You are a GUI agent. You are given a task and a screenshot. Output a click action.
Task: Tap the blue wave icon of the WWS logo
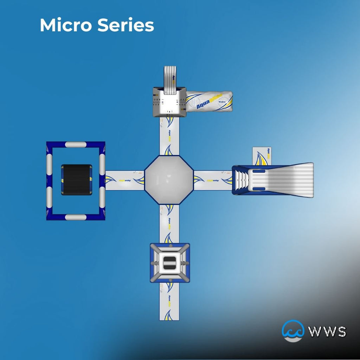pyautogui.click(x=292, y=330)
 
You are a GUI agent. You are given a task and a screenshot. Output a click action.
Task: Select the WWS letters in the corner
pyautogui.click(x=327, y=332)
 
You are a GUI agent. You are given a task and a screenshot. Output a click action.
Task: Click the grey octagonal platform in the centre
pyautogui.click(x=169, y=180)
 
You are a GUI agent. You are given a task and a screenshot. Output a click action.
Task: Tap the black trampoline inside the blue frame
pyautogui.click(x=77, y=180)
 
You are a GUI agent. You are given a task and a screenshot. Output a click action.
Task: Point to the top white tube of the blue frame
pyautogui.click(x=76, y=144)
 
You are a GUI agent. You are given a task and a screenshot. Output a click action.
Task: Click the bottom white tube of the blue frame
pyautogui.click(x=76, y=217)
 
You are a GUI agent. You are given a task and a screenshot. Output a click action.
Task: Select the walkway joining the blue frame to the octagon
pyautogui.click(x=125, y=180)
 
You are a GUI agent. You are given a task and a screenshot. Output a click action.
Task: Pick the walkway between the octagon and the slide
pyautogui.click(x=213, y=180)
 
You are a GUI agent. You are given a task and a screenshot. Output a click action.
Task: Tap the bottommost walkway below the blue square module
pyautogui.click(x=169, y=301)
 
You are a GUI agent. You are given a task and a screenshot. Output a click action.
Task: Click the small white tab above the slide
pyautogui.click(x=262, y=156)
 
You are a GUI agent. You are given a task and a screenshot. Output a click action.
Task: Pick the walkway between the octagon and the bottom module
pyautogui.click(x=169, y=224)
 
